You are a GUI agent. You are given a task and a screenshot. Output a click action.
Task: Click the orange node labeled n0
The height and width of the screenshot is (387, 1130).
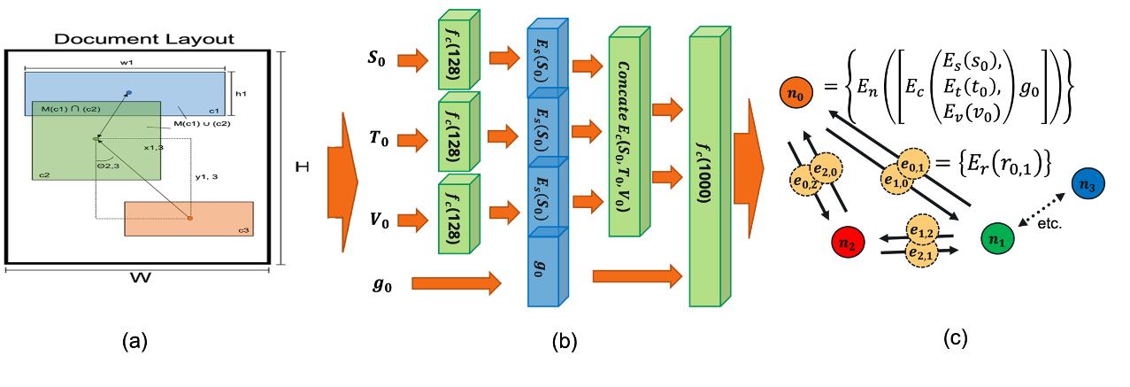[796, 93]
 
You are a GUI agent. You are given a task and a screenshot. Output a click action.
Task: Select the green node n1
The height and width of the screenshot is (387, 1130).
[997, 238]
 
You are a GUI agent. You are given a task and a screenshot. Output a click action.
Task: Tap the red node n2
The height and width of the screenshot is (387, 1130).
[848, 243]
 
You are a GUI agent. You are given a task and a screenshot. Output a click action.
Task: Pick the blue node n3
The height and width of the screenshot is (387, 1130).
[1088, 183]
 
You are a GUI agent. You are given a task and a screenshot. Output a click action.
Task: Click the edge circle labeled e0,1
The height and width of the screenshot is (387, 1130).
[913, 163]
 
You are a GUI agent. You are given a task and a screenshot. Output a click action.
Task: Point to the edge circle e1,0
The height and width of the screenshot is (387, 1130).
[896, 180]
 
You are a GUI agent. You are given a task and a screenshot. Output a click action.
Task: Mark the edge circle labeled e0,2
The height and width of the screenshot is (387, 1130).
[805, 181]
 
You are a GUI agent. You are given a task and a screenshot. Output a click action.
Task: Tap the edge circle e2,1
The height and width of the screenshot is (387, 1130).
[921, 254]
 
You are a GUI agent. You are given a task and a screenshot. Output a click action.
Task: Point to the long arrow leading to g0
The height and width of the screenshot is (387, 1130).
[456, 283]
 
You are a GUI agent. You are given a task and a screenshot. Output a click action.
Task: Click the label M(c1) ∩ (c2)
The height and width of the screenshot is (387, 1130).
[71, 109]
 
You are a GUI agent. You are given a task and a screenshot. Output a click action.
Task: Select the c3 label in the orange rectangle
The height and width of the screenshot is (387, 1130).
[243, 230]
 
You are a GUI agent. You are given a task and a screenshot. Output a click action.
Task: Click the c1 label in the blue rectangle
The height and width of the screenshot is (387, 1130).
[214, 111]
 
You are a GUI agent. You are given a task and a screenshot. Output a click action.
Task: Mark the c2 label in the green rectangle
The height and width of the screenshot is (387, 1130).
[44, 174]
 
